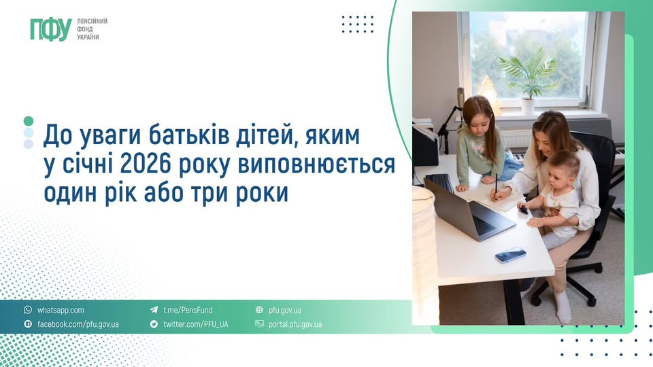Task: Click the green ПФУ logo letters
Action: click(50, 29)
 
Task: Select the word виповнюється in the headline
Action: click(333, 164)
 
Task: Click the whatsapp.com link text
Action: click(61, 310)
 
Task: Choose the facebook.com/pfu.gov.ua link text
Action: click(78, 324)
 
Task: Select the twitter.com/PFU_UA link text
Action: click(195, 324)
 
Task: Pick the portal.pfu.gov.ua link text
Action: click(295, 324)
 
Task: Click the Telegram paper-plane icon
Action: click(154, 310)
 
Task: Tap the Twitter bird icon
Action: click(154, 324)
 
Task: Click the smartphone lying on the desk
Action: click(510, 255)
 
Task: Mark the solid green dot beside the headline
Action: click(28, 121)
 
